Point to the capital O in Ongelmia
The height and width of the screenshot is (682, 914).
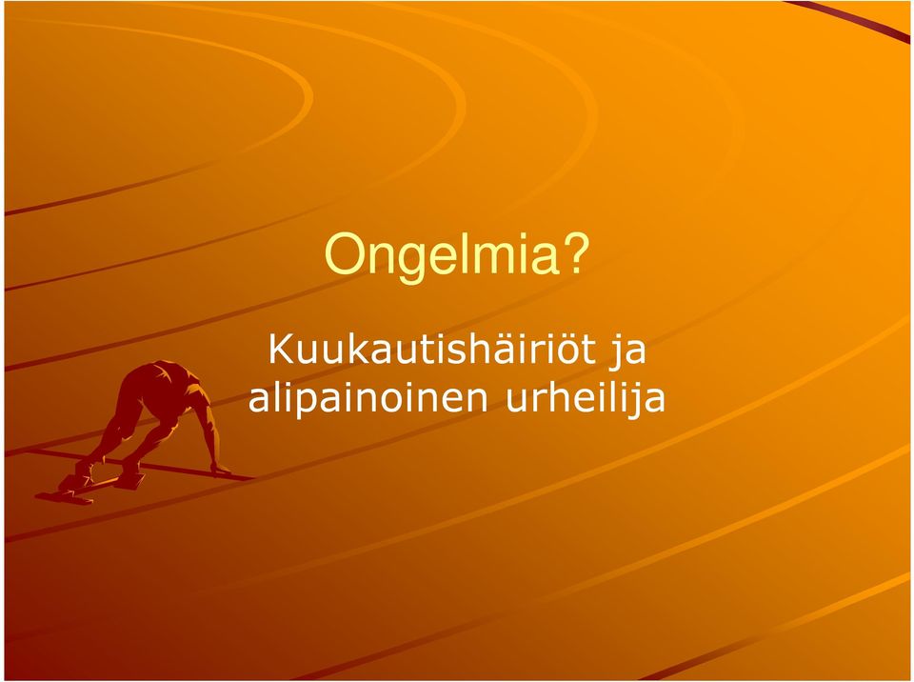pos(344,253)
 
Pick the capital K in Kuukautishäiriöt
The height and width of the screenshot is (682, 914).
pos(280,349)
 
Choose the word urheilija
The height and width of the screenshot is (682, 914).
pos(586,399)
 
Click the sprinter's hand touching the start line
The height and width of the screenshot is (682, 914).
pos(220,470)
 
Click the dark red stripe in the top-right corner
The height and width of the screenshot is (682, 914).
pos(851,19)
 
